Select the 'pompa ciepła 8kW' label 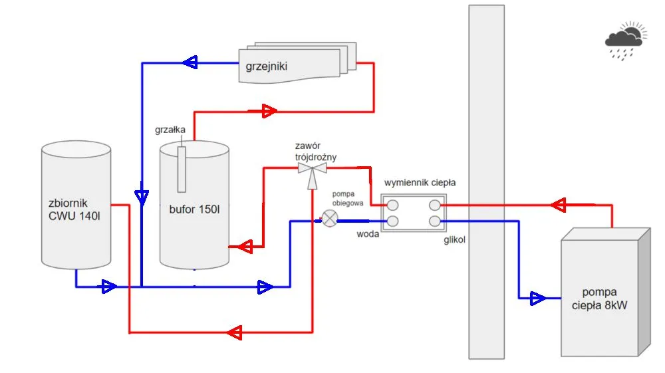[598, 299]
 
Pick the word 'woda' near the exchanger [368, 234]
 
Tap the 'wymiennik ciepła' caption [420, 182]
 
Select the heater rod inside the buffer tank [182, 167]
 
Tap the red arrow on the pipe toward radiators [269, 110]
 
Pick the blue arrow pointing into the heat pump [537, 299]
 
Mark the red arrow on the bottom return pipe [233, 331]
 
